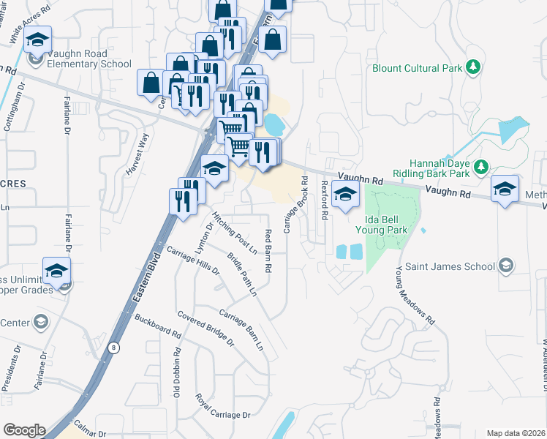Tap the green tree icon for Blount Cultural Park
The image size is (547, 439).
tap(473, 68)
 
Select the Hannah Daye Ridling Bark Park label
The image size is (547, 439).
tap(429, 168)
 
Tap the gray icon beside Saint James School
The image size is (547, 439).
tap(505, 266)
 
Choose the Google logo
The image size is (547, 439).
tap(24, 430)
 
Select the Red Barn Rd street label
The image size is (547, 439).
tap(268, 251)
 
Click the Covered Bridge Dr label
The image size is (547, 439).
tap(205, 328)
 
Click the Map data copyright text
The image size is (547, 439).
tap(515, 433)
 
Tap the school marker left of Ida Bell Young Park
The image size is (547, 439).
tap(344, 195)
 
